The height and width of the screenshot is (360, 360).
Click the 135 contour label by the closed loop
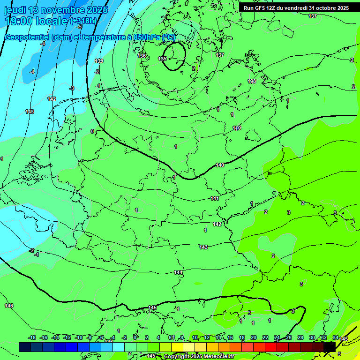coord(162,59)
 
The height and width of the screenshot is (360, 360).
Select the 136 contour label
coord(142,56)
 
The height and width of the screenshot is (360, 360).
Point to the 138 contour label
coord(252,81)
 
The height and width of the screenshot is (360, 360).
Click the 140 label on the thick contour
coord(220,165)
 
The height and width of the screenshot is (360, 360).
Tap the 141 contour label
coord(215,198)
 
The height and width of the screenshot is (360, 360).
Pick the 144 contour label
coord(178,272)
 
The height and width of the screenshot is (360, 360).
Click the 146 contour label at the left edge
coord(9,306)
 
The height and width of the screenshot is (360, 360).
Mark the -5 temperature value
coord(80,27)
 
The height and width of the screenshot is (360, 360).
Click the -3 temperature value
coord(72,88)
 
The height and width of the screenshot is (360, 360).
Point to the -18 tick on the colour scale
coord(32,337)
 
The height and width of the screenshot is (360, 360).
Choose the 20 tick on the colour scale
coord(253,337)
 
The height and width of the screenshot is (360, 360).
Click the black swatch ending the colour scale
coord(330,347)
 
